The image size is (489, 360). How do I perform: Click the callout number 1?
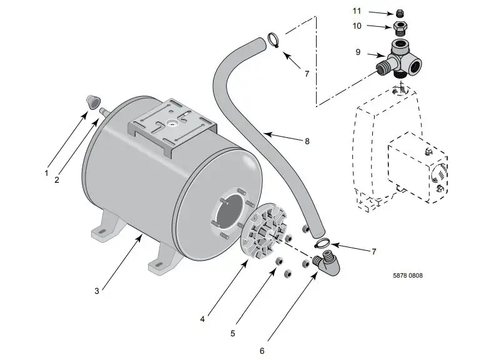tap(46, 173)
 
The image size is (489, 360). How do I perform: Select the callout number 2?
tap(56, 180)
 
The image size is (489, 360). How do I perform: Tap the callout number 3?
tap(97, 291)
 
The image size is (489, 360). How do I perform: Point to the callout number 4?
tap(202, 319)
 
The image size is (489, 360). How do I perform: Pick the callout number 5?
tap(232, 334)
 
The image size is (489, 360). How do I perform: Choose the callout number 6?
tap(262, 351)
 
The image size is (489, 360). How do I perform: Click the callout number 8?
tap(307, 141)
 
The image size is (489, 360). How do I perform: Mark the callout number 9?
tap(358, 52)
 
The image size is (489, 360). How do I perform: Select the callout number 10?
tap(357, 26)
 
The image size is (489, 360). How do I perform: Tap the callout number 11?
tap(357, 11)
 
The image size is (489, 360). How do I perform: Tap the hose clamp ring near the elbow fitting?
tap(322, 243)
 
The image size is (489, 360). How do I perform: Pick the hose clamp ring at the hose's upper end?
tap(274, 39)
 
